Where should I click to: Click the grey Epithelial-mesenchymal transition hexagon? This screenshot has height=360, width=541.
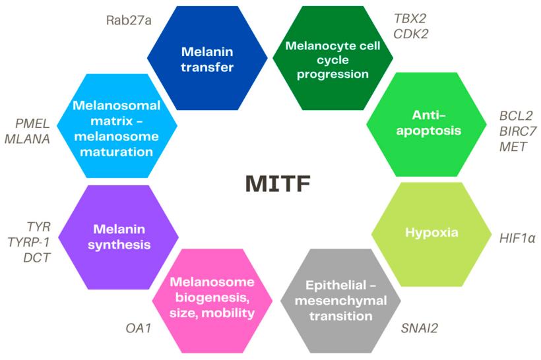(x=340, y=301)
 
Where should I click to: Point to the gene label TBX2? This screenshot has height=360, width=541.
(x=410, y=18)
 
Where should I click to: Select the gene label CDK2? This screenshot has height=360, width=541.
(x=410, y=34)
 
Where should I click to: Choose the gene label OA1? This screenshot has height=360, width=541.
(x=139, y=327)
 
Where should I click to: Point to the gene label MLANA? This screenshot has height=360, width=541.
(x=26, y=138)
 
